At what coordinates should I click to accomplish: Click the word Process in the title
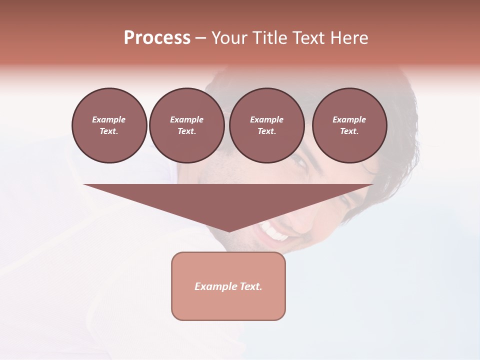(157, 38)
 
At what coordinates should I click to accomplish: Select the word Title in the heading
(268, 38)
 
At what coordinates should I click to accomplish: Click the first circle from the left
(109, 125)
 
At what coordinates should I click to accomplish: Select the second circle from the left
(186, 125)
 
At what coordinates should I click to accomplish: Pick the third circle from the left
(266, 125)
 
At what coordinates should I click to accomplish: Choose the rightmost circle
(349, 125)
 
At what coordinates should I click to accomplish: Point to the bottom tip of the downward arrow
(228, 231)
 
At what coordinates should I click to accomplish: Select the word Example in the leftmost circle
(109, 119)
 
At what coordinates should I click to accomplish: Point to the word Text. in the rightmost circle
(349, 131)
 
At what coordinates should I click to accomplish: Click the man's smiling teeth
(274, 231)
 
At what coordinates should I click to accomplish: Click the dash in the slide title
(200, 38)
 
